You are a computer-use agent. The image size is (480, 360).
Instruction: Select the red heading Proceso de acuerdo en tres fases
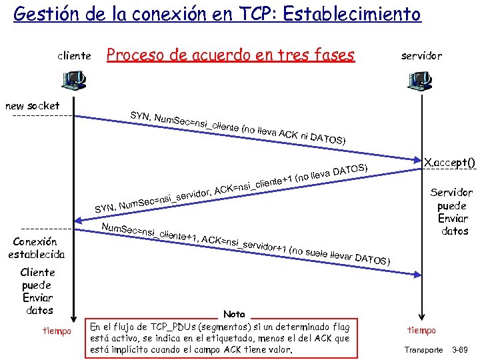pyautogui.click(x=231, y=55)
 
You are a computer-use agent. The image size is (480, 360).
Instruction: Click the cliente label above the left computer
pyautogui.click(x=74, y=56)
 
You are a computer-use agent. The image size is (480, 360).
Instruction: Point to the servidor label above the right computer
pyautogui.click(x=421, y=56)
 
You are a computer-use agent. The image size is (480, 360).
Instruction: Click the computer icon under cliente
pyautogui.click(x=73, y=81)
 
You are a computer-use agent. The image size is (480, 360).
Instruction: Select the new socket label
pyautogui.click(x=32, y=105)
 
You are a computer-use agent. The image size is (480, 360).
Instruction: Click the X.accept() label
pyautogui.click(x=451, y=161)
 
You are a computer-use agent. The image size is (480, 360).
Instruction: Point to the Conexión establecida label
pyautogui.click(x=37, y=247)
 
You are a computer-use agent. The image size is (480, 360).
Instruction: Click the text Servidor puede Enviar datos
pyautogui.click(x=451, y=211)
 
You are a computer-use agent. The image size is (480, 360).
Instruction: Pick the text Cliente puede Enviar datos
pyautogui.click(x=37, y=291)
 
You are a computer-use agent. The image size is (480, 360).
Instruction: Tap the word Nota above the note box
pyautogui.click(x=234, y=314)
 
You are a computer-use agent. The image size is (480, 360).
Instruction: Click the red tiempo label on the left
pyautogui.click(x=57, y=331)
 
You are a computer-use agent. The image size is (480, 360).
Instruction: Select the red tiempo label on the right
pyautogui.click(x=421, y=331)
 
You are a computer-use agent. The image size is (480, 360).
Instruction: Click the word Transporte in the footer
pyautogui.click(x=423, y=349)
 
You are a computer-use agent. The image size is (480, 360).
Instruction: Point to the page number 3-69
pyautogui.click(x=461, y=349)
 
